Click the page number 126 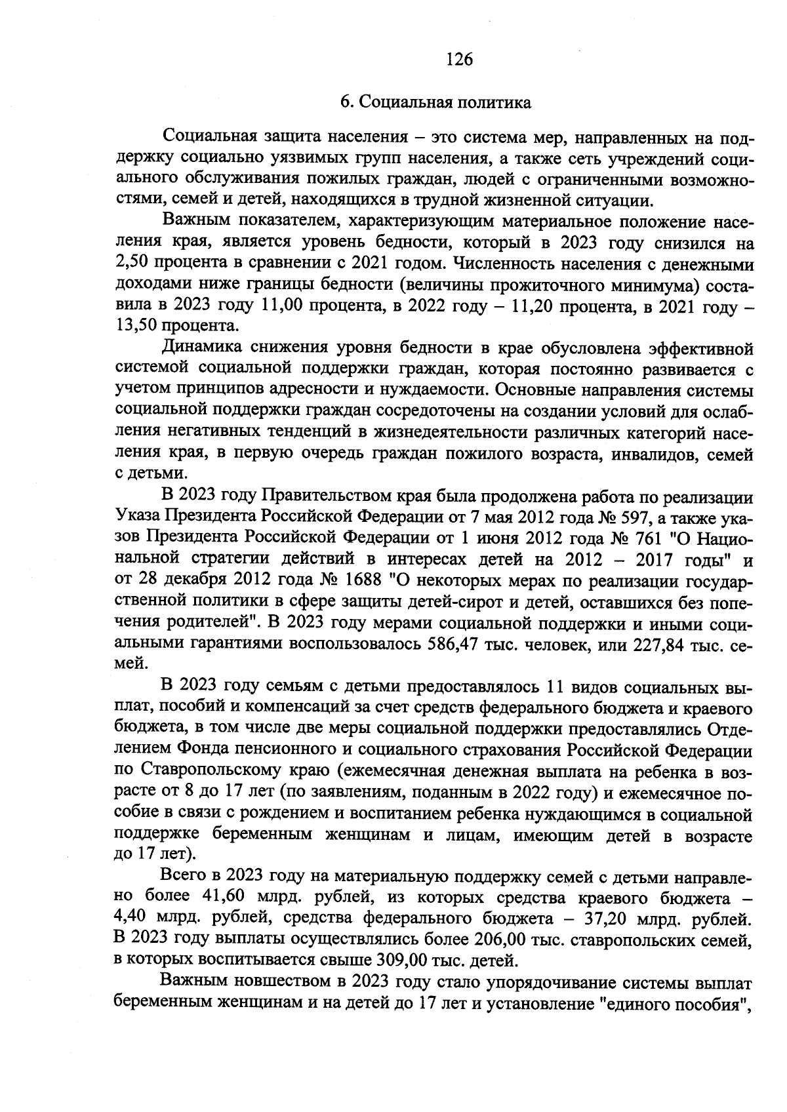(458, 60)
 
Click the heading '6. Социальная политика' (435, 102)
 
